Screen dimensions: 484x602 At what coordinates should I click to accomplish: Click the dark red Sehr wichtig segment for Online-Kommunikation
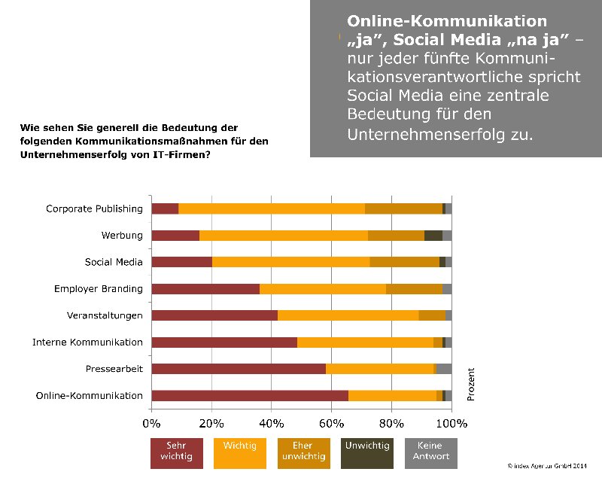(250, 395)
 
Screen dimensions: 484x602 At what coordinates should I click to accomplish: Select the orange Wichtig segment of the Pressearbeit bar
(379, 369)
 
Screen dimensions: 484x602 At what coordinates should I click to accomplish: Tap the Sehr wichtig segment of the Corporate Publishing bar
(165, 209)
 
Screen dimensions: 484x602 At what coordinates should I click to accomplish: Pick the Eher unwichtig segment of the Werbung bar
(396, 236)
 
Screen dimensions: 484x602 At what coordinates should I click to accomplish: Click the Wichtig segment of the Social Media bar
(290, 262)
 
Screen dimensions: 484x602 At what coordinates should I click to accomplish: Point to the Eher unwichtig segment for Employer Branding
(414, 289)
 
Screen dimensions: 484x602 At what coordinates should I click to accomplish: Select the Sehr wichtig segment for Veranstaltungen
(214, 315)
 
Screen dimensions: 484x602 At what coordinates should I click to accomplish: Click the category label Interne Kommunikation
(87, 342)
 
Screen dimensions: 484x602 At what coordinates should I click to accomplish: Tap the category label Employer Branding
(98, 289)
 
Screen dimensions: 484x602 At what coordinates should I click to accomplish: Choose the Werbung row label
(122, 236)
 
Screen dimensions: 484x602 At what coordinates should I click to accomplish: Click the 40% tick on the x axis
(272, 424)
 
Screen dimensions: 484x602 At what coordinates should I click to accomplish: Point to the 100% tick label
(451, 424)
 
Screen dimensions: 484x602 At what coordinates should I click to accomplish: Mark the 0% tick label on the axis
(152, 424)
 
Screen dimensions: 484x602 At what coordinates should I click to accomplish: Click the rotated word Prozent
(471, 383)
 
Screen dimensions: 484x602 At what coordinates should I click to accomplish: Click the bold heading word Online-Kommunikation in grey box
(447, 20)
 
